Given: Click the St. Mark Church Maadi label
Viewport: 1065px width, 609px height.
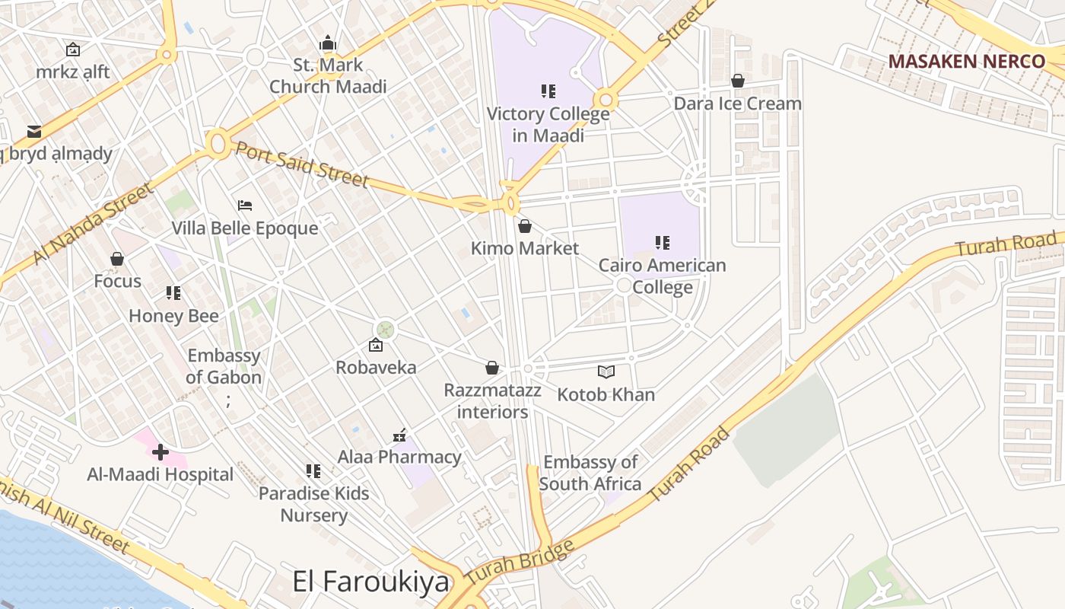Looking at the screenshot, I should coord(328,75).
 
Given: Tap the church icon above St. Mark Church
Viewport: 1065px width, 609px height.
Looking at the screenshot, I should coord(328,43).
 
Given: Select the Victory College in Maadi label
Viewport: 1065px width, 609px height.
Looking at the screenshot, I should coord(548,125).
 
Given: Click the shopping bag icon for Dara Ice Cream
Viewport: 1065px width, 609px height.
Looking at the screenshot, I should coord(737,80).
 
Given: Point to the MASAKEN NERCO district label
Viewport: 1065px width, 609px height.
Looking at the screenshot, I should coord(966,62).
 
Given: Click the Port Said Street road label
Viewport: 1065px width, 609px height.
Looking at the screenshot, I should coord(302,163).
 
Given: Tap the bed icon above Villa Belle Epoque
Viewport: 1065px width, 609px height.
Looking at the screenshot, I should coord(245,206).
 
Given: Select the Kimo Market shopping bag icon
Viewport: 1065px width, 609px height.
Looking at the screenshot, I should coord(524,226).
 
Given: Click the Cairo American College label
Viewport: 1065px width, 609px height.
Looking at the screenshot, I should coord(662,276).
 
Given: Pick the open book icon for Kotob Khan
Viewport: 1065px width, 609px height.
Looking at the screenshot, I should coord(606,371).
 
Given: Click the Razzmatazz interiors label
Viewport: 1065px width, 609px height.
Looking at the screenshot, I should coord(492,401).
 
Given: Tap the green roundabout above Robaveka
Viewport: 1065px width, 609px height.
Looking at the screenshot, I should coord(386,329).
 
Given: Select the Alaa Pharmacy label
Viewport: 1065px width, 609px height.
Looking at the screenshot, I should coord(399,457).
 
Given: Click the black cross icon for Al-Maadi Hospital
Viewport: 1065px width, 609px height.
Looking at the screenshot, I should coord(160,453).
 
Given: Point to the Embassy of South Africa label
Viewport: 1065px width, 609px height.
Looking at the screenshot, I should coord(590,473).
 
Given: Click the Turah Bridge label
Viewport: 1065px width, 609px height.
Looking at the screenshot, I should coord(519,564).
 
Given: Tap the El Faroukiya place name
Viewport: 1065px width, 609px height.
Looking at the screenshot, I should coord(371,582).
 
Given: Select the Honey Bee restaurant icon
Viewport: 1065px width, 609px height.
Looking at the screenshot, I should coord(173,293).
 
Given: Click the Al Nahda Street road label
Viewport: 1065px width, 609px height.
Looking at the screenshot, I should coord(93,225).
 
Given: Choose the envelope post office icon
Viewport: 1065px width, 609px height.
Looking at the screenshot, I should coord(34,131).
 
